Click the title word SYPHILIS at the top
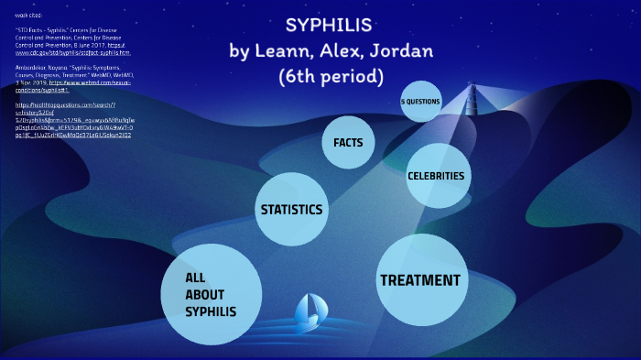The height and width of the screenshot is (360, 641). click(x=328, y=25)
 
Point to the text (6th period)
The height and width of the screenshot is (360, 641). click(x=330, y=74)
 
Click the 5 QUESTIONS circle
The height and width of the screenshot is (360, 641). click(x=420, y=102)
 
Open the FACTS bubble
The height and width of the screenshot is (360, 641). click(x=347, y=143)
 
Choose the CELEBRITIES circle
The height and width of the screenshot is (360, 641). click(x=436, y=176)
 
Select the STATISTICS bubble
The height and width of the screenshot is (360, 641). click(x=291, y=210)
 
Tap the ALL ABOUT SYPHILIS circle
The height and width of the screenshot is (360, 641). click(x=211, y=295)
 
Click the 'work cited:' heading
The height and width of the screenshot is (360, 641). click(x=28, y=16)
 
